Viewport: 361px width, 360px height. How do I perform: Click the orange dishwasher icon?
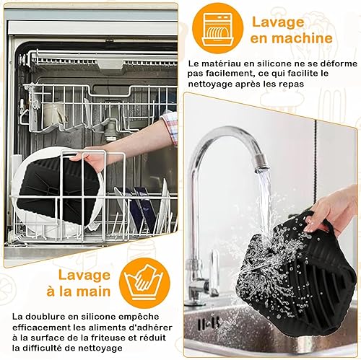(218, 29)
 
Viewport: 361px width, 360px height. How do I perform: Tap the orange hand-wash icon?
(144, 282)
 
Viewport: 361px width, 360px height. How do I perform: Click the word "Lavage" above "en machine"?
(278, 23)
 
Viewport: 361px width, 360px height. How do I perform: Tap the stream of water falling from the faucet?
(264, 200)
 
